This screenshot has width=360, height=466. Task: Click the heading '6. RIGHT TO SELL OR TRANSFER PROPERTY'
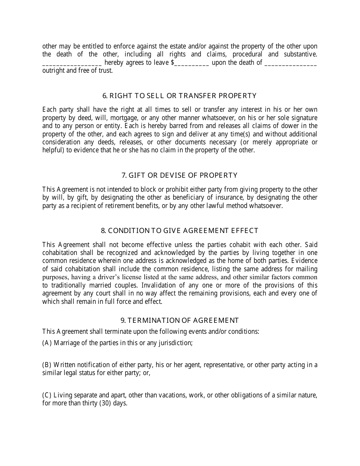click(x=180, y=96)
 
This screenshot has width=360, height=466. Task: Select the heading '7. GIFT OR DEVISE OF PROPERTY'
click(x=180, y=175)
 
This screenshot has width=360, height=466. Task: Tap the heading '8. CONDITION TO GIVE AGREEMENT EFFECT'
click(x=180, y=231)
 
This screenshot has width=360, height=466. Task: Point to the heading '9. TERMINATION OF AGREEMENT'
click(x=180, y=321)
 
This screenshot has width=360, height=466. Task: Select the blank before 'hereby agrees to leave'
click(x=72, y=63)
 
